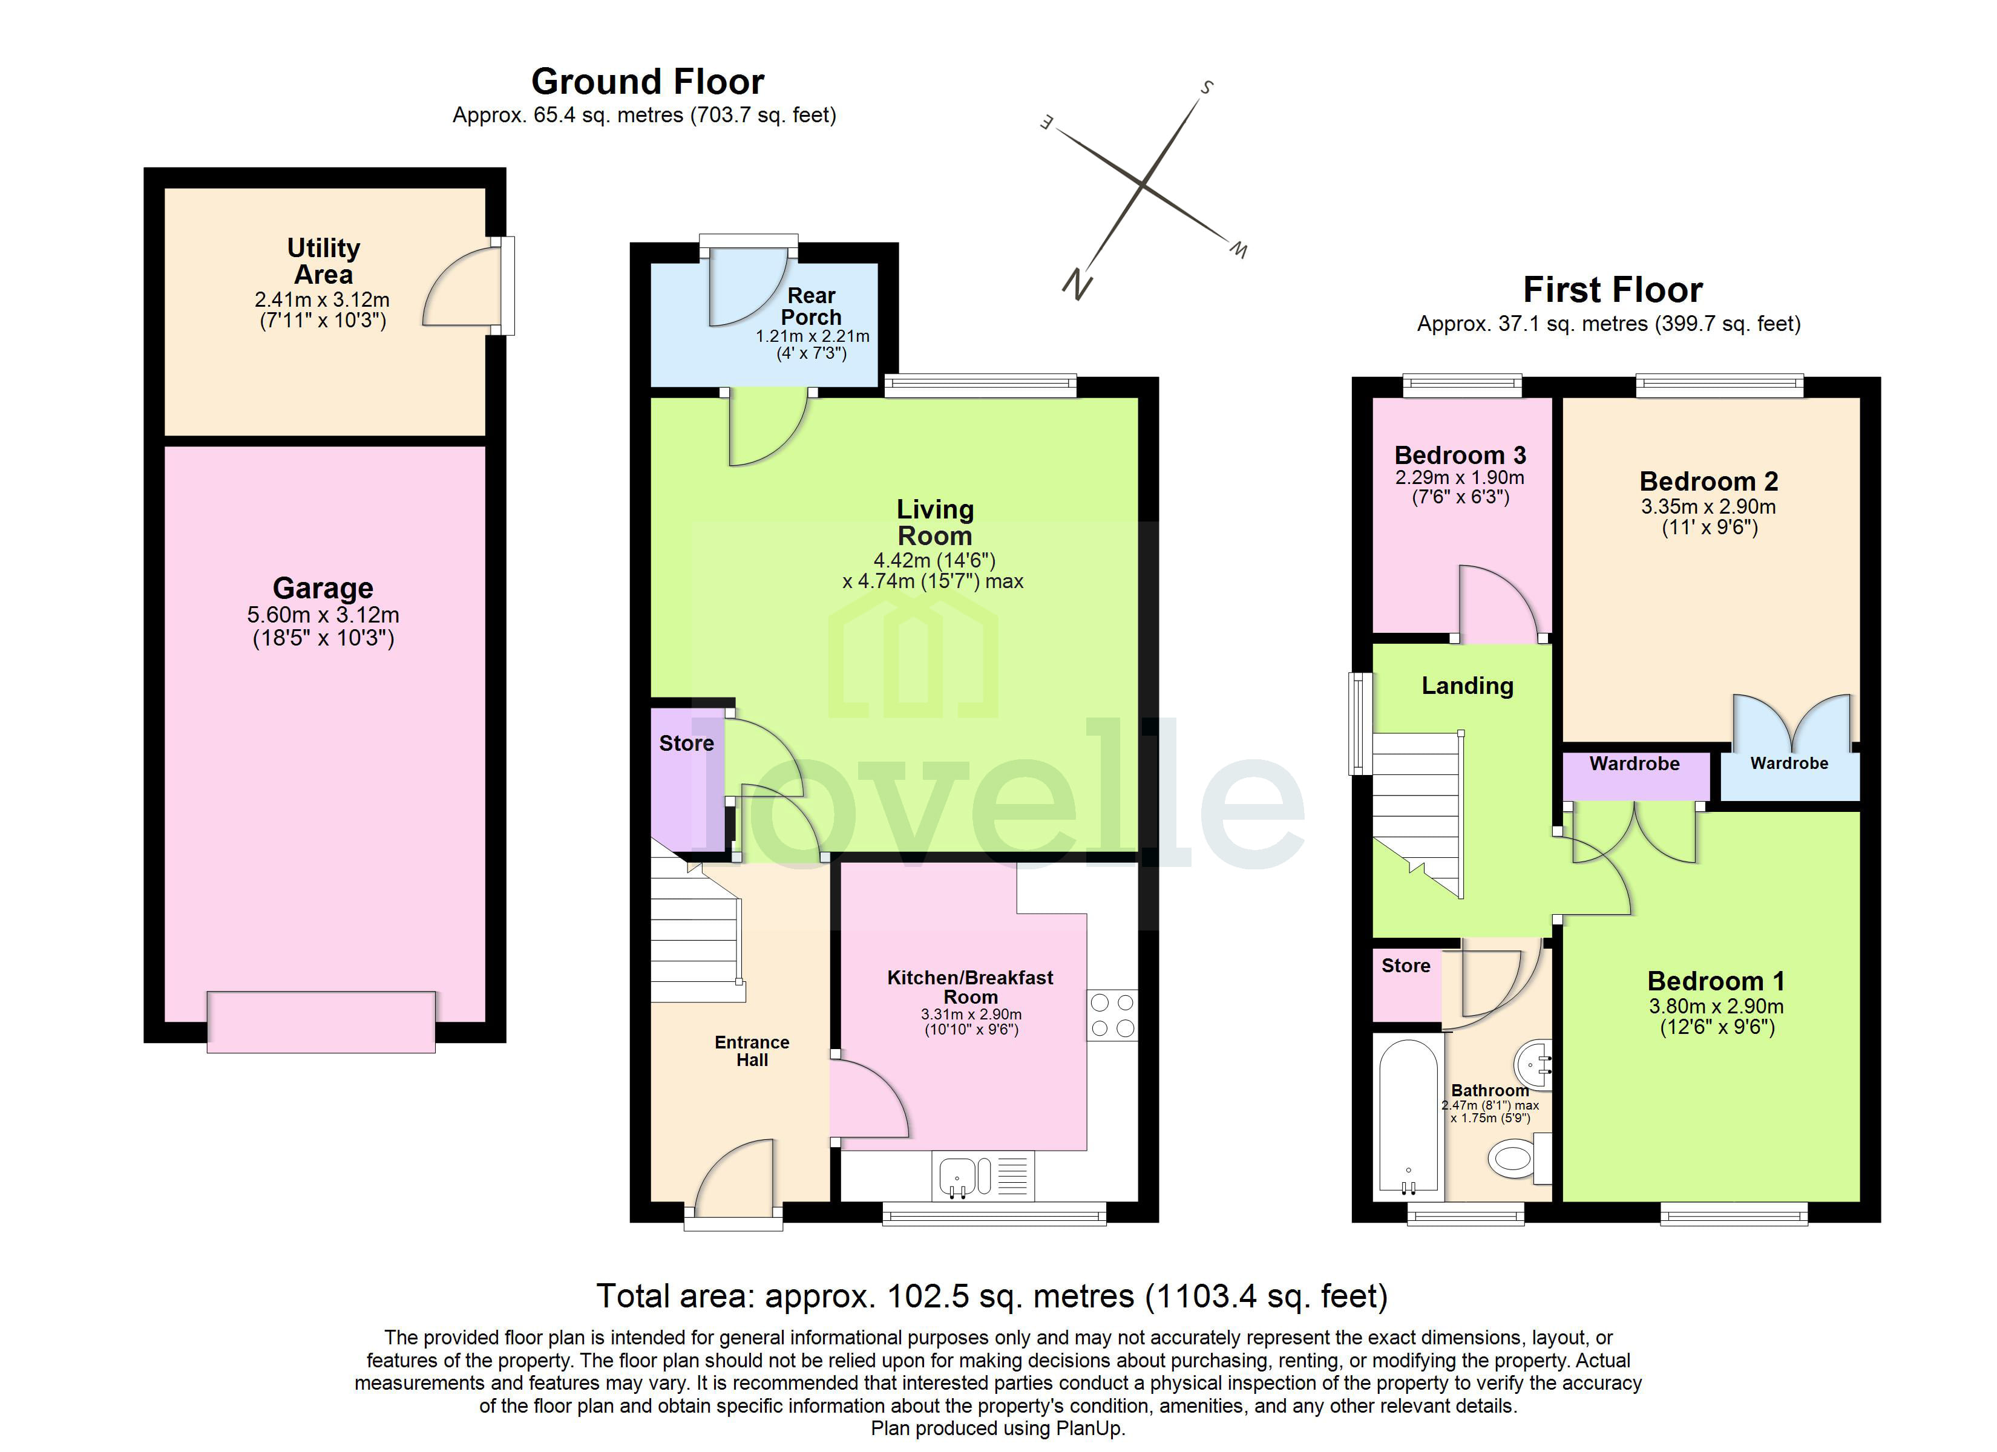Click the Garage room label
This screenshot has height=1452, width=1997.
click(x=323, y=588)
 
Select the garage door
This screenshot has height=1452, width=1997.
click(x=321, y=1021)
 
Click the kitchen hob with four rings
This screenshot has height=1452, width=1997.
click(x=1111, y=1015)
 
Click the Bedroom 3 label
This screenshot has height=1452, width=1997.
click(x=1460, y=455)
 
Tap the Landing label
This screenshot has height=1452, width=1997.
click(x=1467, y=686)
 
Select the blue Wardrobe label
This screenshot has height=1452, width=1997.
click(x=1788, y=764)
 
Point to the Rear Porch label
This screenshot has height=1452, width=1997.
click(x=811, y=306)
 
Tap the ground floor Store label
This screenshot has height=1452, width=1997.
click(x=686, y=743)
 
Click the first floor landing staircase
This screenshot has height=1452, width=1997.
click(x=1418, y=810)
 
